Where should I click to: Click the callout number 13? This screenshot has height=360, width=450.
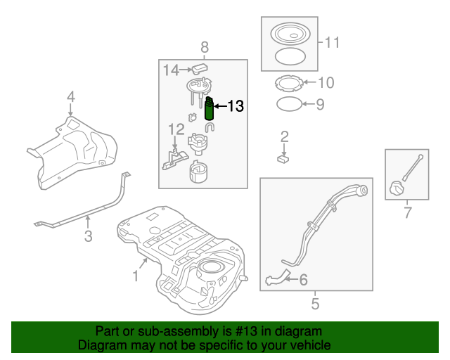(x=236, y=106)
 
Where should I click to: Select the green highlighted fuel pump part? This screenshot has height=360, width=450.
(x=209, y=109)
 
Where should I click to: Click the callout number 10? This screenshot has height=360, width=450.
(x=326, y=83)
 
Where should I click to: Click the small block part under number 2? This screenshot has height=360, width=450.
(x=285, y=159)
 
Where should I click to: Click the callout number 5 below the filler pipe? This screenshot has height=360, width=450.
(x=315, y=304)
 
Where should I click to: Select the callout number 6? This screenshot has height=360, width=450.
(x=303, y=280)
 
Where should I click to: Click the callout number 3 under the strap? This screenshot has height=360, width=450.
(x=88, y=236)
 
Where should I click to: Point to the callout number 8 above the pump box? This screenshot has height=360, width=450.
(x=205, y=47)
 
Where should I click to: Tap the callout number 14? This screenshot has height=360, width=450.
(x=172, y=70)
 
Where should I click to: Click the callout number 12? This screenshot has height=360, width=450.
(x=176, y=129)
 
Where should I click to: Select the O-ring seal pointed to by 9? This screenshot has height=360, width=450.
(x=288, y=105)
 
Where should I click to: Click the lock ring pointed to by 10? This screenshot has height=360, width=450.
(x=288, y=84)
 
